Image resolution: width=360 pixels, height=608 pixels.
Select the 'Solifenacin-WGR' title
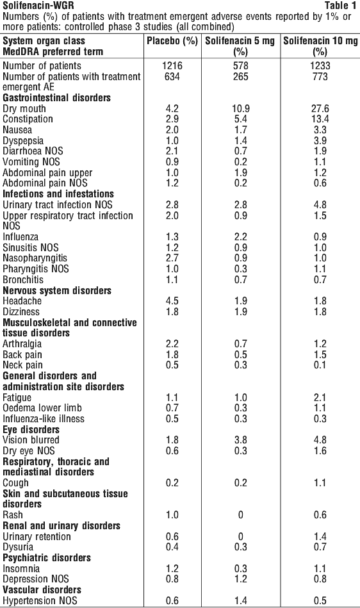(33, 5)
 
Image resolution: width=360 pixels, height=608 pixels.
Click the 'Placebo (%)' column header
(172, 41)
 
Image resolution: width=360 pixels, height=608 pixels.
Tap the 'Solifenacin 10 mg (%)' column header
(320, 46)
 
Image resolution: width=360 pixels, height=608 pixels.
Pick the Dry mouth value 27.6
(320, 108)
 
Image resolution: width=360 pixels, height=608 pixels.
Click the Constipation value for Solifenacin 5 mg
(241, 119)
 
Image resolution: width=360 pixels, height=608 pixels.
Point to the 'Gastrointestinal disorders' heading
(56, 98)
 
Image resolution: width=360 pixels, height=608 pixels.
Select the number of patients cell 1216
(172, 65)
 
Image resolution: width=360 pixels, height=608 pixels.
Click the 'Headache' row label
(22, 301)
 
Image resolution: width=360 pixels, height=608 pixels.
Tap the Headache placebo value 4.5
(172, 301)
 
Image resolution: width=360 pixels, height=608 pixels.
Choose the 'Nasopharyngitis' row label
(35, 258)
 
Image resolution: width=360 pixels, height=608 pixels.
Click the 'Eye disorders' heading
(31, 430)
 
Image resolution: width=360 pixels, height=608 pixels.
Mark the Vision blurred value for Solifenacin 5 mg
(241, 440)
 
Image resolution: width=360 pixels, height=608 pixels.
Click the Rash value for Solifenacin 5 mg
(241, 515)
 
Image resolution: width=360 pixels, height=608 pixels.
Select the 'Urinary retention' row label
(37, 537)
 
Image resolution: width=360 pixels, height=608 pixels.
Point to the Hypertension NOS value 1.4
(241, 601)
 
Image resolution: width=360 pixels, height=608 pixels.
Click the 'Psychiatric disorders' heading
(47, 558)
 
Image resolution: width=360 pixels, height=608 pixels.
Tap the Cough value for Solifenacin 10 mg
(320, 483)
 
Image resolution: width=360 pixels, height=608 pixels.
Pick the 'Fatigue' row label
(17, 397)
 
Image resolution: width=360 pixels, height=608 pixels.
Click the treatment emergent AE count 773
(320, 76)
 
